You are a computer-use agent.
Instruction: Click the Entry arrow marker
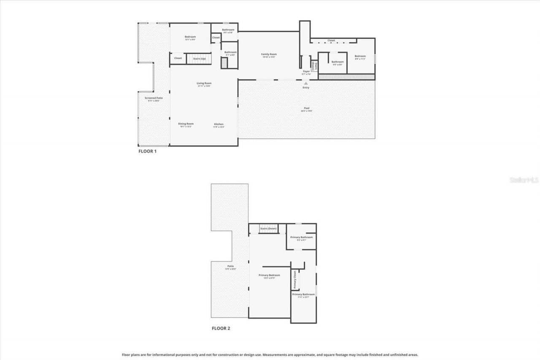tap(306, 84)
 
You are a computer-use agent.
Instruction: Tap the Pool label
tap(306, 108)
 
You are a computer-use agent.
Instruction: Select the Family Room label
tap(269, 54)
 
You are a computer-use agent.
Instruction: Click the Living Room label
tap(204, 84)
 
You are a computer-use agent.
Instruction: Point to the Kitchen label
tap(218, 125)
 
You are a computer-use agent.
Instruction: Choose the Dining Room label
tap(186, 124)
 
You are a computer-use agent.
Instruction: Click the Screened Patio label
tap(154, 98)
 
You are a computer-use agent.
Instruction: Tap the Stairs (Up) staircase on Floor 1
tap(200, 59)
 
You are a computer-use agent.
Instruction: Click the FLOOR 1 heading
tap(147, 151)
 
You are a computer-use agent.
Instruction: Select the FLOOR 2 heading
tap(221, 328)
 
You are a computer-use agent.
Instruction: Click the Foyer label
tap(306, 71)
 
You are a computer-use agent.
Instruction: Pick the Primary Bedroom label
tap(269, 276)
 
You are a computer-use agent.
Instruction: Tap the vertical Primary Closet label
tap(295, 280)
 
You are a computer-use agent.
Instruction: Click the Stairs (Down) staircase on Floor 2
tap(268, 228)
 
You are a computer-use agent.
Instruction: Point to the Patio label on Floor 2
tap(230, 266)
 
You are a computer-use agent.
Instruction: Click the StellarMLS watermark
tap(524, 180)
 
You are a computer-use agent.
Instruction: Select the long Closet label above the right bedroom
tap(331, 41)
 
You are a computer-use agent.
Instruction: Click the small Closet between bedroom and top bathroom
tap(216, 38)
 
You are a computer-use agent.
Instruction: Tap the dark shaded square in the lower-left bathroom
tap(224, 63)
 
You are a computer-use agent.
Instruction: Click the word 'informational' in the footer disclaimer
tap(174, 355)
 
